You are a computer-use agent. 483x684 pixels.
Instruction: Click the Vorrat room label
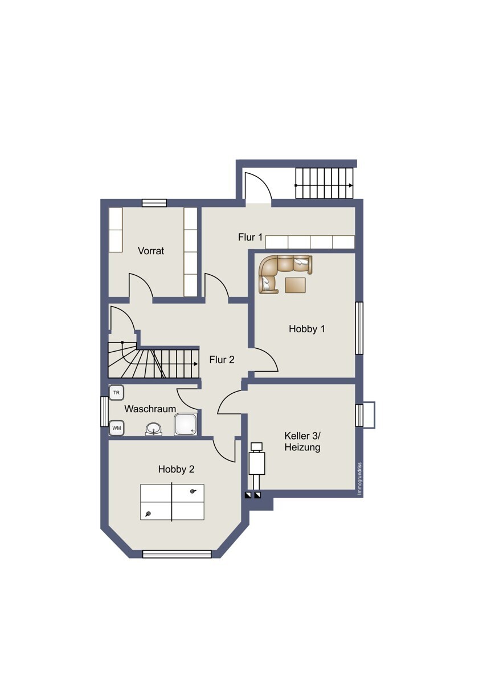pos(151,251)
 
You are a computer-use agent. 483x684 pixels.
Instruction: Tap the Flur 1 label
pos(250,237)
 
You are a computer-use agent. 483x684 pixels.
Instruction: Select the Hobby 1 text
pos(307,329)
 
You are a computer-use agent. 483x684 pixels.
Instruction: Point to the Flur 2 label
pos(222,360)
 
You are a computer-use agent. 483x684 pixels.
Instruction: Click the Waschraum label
pos(150,409)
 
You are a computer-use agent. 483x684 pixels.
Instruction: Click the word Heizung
pos(302,447)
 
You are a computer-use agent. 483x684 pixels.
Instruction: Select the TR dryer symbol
pos(117,393)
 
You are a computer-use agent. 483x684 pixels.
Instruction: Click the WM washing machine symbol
pos(117,428)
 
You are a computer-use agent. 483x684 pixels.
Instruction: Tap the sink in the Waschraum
pos(154,429)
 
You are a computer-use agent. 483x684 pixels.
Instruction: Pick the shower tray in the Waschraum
pos(186,425)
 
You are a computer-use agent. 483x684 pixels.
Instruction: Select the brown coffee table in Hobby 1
pos(296,285)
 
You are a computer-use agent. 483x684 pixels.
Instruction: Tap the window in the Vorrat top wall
pos(154,203)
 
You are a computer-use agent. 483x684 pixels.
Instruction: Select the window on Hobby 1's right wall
pos(359,328)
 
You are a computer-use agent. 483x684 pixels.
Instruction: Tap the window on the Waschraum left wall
pos(105,412)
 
